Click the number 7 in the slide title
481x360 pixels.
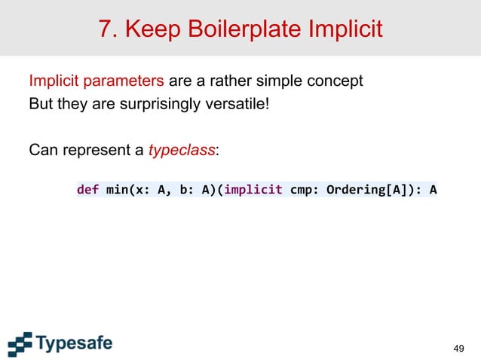106,29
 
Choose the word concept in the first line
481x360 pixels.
337,81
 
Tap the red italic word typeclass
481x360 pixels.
182,150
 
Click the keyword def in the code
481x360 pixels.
87,190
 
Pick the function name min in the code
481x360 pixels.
117,190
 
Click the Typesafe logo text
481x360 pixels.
74,344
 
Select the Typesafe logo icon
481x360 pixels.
20,343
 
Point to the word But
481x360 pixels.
40,102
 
